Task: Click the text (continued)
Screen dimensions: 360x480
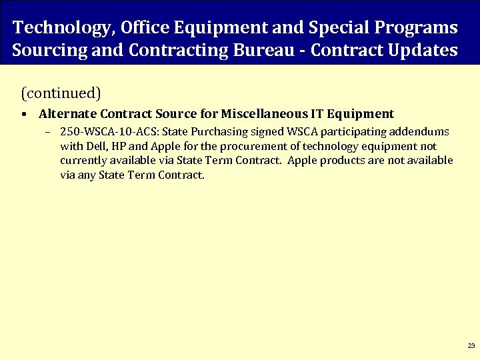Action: tap(61, 91)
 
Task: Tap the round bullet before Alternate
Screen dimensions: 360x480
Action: tap(24, 115)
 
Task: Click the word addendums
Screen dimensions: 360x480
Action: tap(423, 131)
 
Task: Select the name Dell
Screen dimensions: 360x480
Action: tap(94, 146)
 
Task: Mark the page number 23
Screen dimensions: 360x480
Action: tap(471, 346)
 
